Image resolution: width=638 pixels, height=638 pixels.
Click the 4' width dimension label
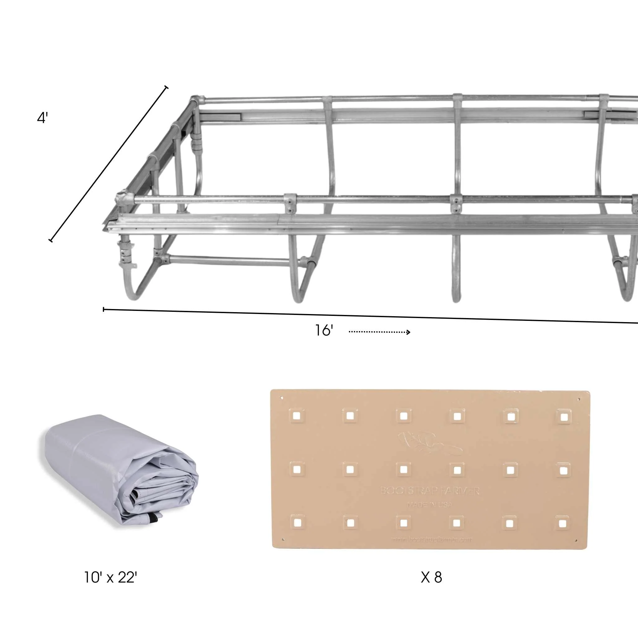42,118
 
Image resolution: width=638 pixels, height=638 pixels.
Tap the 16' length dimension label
324,331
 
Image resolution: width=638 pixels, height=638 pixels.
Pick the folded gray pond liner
119,472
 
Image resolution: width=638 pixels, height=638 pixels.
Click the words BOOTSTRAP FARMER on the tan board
430,491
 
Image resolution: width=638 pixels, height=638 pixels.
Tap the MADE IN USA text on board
430,505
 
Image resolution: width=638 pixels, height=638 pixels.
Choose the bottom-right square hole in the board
563,524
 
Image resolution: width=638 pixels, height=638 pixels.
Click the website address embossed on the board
431,539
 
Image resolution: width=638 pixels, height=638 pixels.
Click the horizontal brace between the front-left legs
228,261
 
